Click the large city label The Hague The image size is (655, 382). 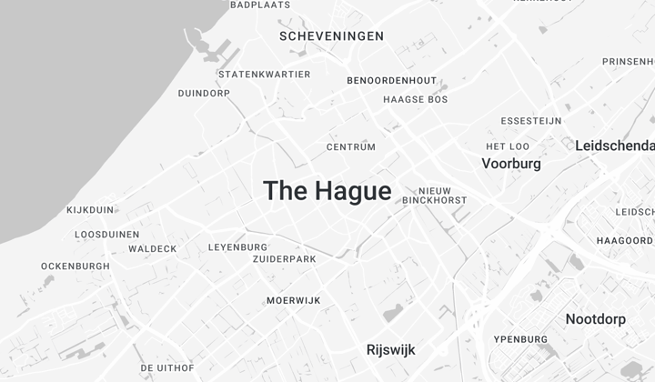pos(327,191)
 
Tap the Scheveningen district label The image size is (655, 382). pos(331,36)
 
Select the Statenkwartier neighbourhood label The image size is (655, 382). pos(265,75)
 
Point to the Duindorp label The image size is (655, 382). pos(204,93)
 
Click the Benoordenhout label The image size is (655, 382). pos(392,81)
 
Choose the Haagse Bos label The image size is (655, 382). pos(416,99)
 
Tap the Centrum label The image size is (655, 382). pos(351,147)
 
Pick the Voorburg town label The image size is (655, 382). pos(511,165)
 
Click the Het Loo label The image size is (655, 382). pos(508,146)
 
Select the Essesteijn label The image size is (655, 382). pos(531,121)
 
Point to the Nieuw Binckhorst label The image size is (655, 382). pos(435,195)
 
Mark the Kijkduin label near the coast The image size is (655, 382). pos(91,210)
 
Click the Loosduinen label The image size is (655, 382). pos(107,235)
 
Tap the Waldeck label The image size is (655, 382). pos(153,249)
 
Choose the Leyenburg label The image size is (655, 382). pos(238,247)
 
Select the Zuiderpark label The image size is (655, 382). pos(285,259)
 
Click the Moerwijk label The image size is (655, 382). pos(293,301)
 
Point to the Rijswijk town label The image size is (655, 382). pos(390,349)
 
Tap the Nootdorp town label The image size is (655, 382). pos(596,319)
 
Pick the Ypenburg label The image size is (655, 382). pos(520,340)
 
